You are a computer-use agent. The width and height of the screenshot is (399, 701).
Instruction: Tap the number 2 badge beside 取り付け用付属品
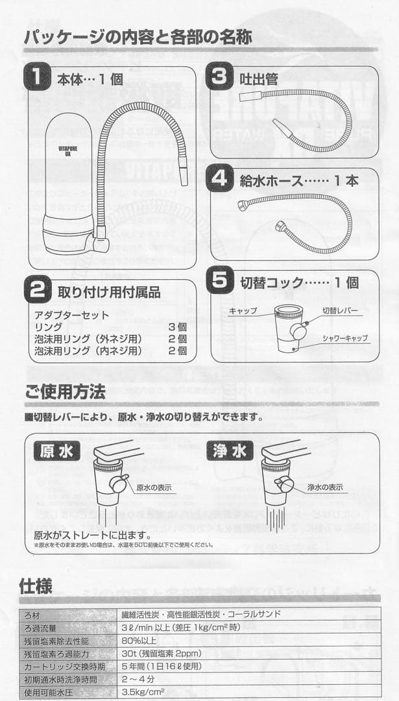tap(36, 291)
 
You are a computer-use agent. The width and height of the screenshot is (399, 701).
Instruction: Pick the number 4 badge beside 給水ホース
tap(221, 180)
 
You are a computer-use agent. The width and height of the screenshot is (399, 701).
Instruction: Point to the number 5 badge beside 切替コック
tap(221, 282)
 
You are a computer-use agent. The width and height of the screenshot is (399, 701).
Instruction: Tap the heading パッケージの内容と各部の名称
tap(138, 35)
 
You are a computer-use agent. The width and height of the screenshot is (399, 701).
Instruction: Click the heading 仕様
tap(36, 585)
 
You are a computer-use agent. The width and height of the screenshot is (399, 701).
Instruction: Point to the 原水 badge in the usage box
tap(56, 451)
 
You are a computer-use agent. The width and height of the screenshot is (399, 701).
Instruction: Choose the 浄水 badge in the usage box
tap(229, 451)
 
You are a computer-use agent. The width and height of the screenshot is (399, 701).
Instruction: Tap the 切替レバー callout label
tap(340, 311)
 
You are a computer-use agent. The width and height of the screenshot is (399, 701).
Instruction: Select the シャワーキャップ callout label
tap(345, 338)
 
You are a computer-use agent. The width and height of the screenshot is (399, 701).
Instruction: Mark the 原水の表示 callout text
tap(154, 487)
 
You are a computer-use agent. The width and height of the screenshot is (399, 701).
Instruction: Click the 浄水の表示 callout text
tap(325, 487)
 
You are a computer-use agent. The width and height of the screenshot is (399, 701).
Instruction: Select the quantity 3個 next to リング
tap(177, 326)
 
